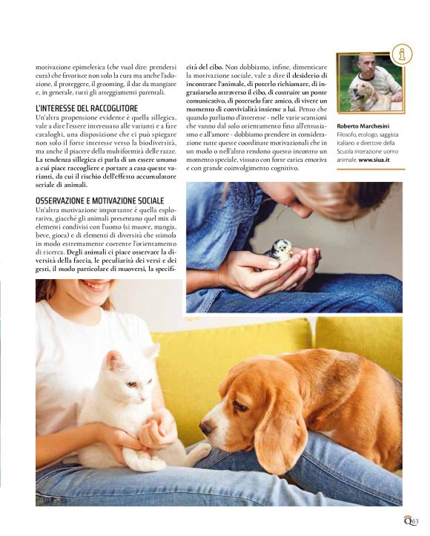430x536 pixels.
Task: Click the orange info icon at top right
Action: [402, 54]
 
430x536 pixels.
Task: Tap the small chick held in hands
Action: [281, 251]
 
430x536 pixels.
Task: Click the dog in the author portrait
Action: [368, 94]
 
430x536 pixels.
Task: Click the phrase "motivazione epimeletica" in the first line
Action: [72, 66]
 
